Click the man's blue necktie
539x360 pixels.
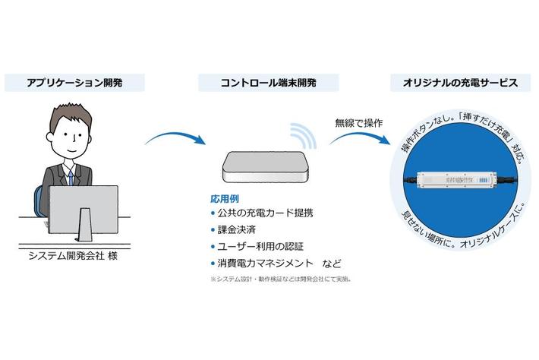pos(70,177)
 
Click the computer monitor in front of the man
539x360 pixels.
pos(84,210)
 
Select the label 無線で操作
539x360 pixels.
pos(358,122)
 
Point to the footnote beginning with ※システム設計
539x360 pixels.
pos(280,279)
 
